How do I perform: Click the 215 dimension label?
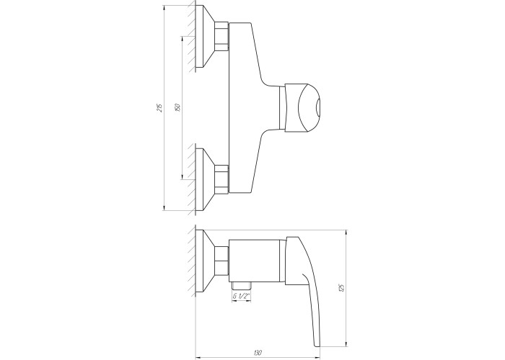(159, 107)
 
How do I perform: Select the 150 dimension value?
(177, 107)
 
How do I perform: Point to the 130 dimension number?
(258, 353)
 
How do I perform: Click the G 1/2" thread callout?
(242, 296)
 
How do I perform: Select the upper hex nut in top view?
(221, 36)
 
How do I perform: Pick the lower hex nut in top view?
(221, 180)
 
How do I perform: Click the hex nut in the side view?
(221, 261)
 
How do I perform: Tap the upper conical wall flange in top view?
(205, 36)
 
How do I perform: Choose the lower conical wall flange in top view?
(205, 180)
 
